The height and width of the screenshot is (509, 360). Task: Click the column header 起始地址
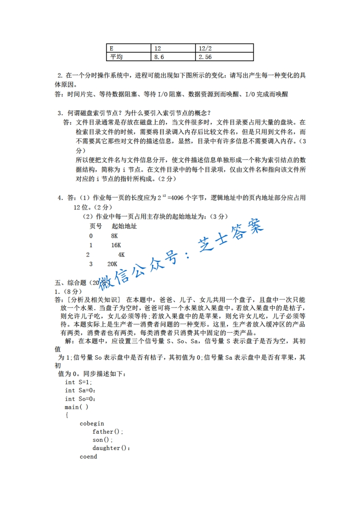(124, 226)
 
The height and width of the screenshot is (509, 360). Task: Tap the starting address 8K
(114, 236)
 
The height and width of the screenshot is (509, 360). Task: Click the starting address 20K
(113, 264)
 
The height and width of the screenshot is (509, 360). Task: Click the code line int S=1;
(78, 382)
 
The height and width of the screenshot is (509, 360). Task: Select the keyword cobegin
(92, 423)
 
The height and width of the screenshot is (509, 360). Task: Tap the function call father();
(108, 431)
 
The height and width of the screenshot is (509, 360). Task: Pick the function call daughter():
(111, 448)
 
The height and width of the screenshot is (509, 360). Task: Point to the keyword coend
(88, 456)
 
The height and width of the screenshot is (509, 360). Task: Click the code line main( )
(76, 407)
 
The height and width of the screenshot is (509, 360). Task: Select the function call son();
(102, 440)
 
